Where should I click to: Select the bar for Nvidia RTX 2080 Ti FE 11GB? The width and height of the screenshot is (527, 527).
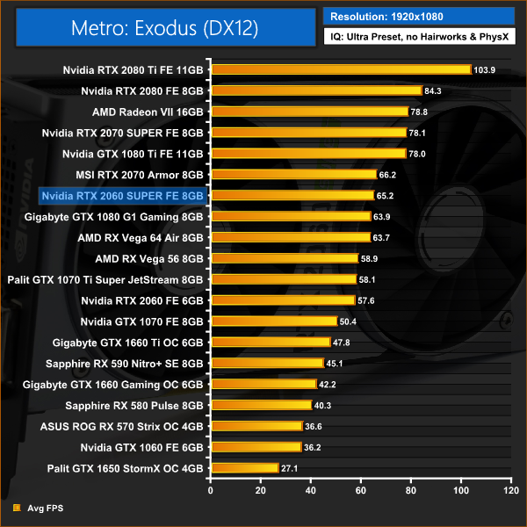click(341, 69)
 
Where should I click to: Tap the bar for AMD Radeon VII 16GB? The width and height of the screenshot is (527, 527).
click(309, 112)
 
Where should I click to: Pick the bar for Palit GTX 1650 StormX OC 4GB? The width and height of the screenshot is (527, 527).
click(244, 468)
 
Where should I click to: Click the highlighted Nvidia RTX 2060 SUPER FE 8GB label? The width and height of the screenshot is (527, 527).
click(122, 195)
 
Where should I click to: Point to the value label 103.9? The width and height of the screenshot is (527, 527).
click(486, 69)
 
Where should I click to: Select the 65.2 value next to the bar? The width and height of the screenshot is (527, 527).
click(385, 195)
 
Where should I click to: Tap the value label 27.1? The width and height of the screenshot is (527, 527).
click(289, 468)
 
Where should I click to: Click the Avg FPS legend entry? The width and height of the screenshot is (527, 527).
click(39, 508)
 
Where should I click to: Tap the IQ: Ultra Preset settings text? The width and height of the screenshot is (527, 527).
click(419, 38)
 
